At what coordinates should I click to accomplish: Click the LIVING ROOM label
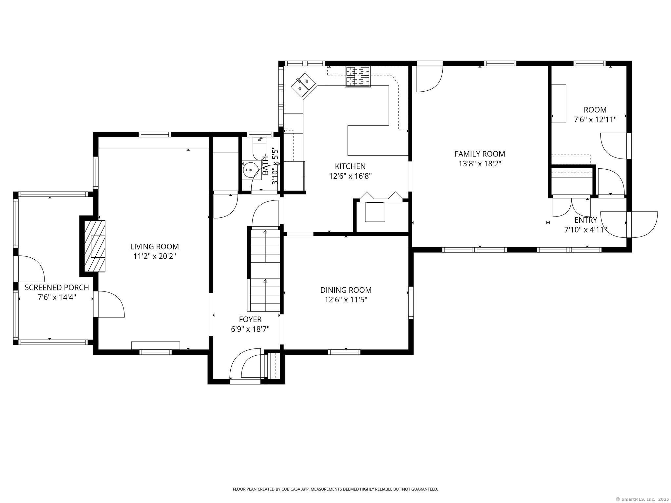click(x=155, y=247)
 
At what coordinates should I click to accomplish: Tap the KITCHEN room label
click(x=350, y=166)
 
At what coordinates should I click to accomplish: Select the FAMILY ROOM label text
click(x=480, y=154)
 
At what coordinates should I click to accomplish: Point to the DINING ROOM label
click(x=346, y=290)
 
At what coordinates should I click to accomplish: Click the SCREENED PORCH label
click(x=57, y=288)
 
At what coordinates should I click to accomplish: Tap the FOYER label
click(x=250, y=319)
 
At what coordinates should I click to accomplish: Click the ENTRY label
click(x=586, y=220)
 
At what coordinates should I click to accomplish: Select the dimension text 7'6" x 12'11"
click(x=595, y=120)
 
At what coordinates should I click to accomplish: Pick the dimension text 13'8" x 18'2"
click(x=480, y=163)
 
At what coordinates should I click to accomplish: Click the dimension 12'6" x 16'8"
click(x=350, y=176)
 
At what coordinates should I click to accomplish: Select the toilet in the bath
click(x=259, y=148)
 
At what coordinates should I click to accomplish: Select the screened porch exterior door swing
click(x=31, y=269)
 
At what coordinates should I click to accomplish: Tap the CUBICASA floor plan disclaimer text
click(x=335, y=489)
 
